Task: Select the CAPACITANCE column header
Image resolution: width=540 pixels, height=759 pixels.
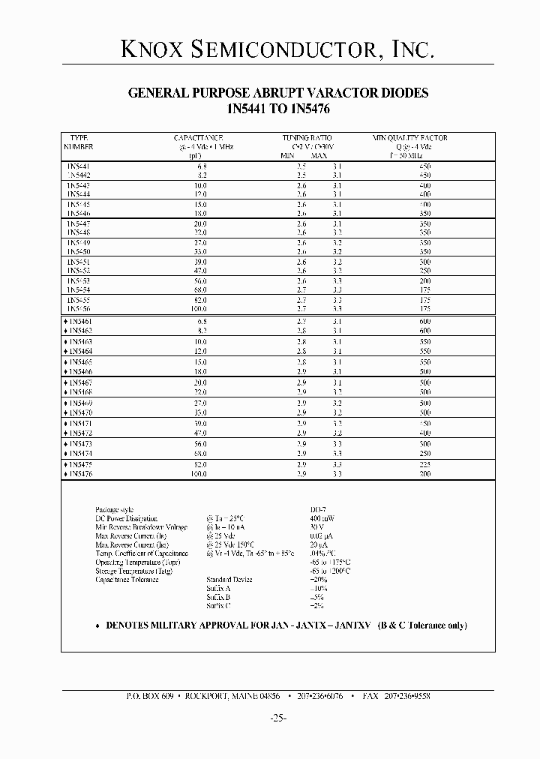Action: click(199, 138)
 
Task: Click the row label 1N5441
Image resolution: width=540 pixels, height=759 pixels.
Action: click(78, 165)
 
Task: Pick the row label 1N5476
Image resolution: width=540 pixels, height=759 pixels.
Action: click(79, 473)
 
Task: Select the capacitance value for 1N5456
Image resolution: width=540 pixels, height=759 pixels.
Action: click(199, 308)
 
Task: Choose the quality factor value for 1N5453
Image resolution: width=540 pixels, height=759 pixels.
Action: click(424, 280)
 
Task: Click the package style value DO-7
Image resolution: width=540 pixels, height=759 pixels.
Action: click(317, 509)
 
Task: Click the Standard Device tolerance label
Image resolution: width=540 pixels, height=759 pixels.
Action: click(229, 580)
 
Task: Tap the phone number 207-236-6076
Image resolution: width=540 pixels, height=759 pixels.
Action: click(321, 696)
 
